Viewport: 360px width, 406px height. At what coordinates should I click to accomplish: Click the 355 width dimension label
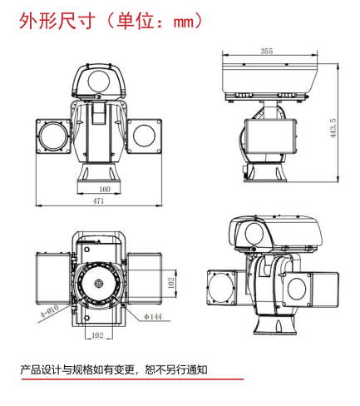point(266,52)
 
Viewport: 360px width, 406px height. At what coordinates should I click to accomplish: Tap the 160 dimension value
point(99,188)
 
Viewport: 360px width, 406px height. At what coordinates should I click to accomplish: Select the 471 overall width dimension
point(99,201)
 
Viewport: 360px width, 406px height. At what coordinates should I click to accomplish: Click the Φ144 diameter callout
point(152,317)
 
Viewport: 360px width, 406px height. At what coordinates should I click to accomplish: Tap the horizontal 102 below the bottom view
point(96,335)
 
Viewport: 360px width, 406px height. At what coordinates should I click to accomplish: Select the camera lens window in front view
point(99,83)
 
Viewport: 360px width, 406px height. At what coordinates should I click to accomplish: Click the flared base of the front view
point(99,175)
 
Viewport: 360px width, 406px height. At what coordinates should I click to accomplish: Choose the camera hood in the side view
point(269,79)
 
